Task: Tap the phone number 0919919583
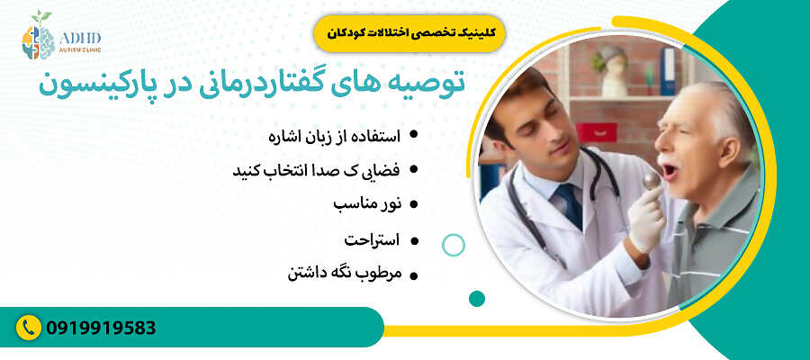pos(102,327)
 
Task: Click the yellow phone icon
pos(31,327)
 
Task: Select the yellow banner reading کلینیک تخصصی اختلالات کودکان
pos(409,31)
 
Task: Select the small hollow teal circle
pos(454,244)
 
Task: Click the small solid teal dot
pos(477,298)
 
